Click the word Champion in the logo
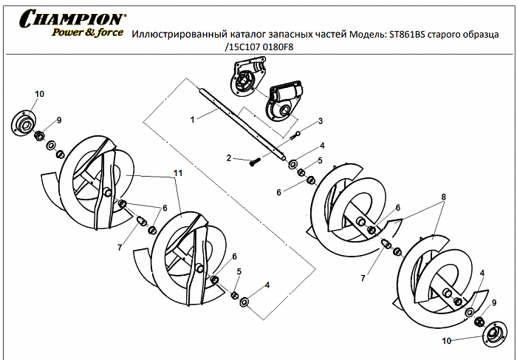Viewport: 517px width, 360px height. pyautogui.click(x=72, y=18)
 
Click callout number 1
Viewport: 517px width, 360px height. pyautogui.click(x=192, y=118)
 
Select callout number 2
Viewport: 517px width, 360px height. pyautogui.click(x=229, y=158)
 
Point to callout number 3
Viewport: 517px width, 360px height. pyautogui.click(x=321, y=120)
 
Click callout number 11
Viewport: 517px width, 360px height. pyautogui.click(x=177, y=172)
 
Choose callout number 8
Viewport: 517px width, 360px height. pyautogui.click(x=443, y=197)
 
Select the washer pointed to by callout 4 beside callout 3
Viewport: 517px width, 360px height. pyautogui.click(x=293, y=163)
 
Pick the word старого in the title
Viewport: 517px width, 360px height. pyautogui.click(x=447, y=34)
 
